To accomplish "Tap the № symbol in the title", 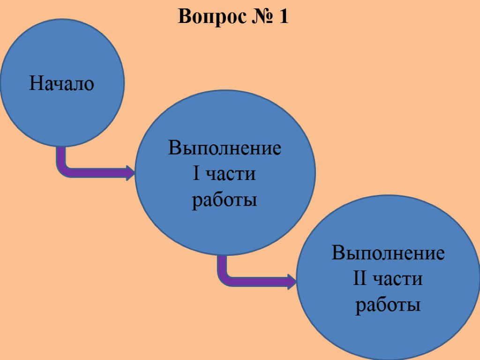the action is pyautogui.click(x=259, y=17).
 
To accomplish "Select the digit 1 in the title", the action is pyautogui.click(x=283, y=17).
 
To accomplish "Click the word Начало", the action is pyautogui.click(x=61, y=84).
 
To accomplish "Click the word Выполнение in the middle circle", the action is pyautogui.click(x=225, y=149).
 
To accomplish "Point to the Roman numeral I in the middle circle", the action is pyautogui.click(x=196, y=174).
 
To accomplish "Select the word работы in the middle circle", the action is pyautogui.click(x=225, y=200).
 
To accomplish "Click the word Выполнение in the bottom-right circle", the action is pyautogui.click(x=388, y=254).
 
